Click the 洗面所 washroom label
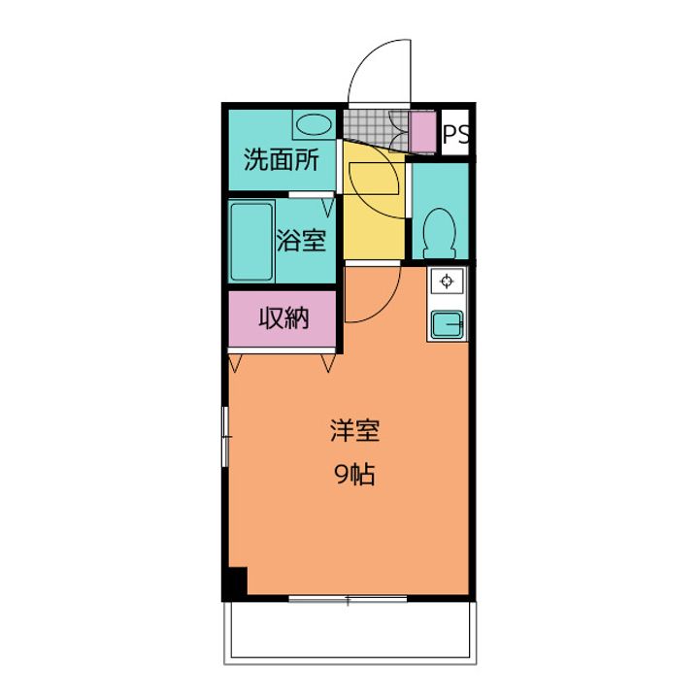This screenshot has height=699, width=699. coord(282,160)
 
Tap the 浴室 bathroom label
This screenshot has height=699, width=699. coord(301,241)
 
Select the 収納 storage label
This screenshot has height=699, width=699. coord(283,318)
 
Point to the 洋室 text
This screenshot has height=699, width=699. coord(355,431)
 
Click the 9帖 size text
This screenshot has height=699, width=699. coord(355,474)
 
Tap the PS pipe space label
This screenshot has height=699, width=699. coord(455,133)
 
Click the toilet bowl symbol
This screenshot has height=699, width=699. coord(440,234)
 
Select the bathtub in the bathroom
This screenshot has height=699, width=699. coord(251,242)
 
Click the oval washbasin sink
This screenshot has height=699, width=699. coord(314,124)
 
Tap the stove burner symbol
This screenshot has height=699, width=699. coord(447,282)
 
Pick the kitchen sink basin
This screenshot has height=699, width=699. coord(448,323)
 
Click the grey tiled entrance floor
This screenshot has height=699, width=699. coord(376,128)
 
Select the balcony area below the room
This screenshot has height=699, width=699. coord(349,631)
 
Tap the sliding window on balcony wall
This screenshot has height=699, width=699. coord(348,599)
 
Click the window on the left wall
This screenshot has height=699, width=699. coord(225,437)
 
